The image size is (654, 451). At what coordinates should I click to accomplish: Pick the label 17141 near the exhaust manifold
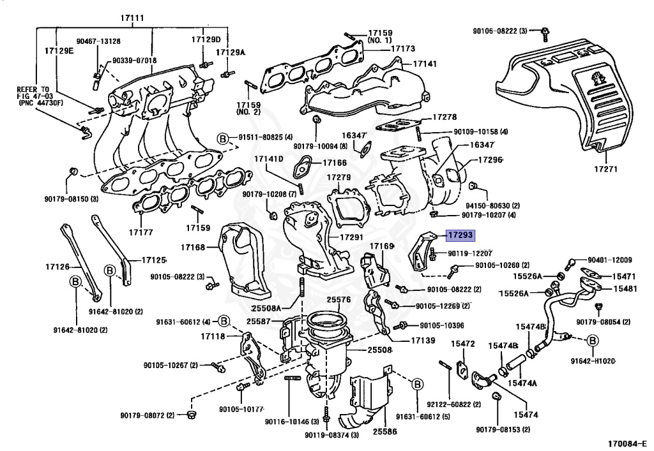click(424, 64)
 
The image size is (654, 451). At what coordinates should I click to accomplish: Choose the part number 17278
click(444, 117)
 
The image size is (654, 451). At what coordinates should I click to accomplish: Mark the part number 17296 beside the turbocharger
click(490, 159)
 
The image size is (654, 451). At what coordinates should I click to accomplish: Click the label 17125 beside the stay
click(153, 260)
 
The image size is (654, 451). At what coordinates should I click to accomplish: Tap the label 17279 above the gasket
click(339, 177)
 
